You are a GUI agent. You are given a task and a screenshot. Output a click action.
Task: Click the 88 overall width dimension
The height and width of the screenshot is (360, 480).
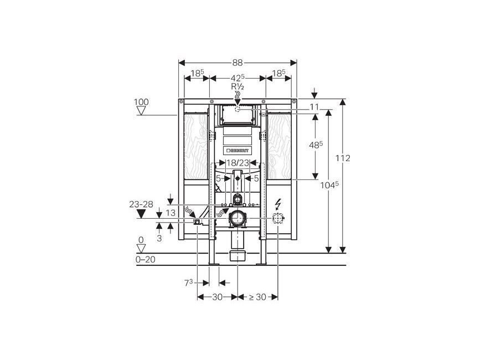tap(238, 63)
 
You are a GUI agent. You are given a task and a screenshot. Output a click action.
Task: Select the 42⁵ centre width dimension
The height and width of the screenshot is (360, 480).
tap(238, 78)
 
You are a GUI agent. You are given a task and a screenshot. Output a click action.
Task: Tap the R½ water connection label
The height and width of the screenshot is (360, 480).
tap(238, 86)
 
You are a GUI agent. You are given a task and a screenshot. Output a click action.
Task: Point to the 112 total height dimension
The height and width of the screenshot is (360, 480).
tap(343, 158)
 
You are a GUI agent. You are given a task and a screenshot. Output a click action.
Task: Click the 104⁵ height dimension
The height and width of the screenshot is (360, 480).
tap(329, 185)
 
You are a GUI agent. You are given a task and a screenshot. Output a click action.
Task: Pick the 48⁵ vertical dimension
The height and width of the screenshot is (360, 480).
tap(316, 145)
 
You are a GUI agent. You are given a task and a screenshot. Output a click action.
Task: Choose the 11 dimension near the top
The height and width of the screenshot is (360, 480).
tap(314, 107)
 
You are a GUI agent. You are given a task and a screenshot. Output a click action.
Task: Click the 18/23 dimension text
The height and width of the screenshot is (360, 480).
tap(238, 163)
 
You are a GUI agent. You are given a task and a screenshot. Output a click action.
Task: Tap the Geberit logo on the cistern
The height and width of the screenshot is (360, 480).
tap(238, 151)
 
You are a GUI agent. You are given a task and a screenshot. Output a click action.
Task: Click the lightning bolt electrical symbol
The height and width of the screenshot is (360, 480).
tap(278, 204)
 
